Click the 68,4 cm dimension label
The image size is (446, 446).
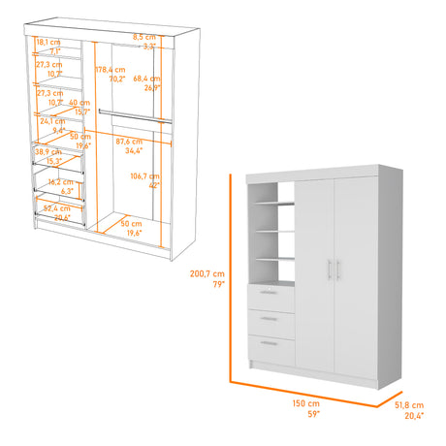click(x=146, y=79)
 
